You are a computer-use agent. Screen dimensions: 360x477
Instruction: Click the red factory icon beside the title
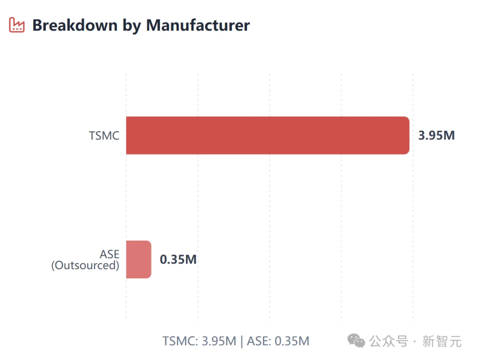click(17, 25)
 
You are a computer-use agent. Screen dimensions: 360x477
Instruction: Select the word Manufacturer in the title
click(198, 25)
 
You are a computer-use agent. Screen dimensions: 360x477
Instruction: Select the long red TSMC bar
click(267, 135)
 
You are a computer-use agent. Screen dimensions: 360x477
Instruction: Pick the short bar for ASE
click(138, 259)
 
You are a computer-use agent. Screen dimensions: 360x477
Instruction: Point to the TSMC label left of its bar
click(104, 135)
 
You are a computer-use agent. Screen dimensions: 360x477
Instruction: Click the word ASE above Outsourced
click(110, 254)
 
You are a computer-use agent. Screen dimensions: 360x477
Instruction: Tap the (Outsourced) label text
click(85, 265)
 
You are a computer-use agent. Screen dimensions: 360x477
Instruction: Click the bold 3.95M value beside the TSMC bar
click(436, 135)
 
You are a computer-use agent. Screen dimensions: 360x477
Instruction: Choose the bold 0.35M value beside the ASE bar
click(178, 259)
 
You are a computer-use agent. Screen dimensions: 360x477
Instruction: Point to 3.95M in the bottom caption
click(219, 341)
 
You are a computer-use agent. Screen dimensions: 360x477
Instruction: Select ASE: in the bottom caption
click(259, 341)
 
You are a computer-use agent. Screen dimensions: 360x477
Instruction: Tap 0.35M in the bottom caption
click(292, 341)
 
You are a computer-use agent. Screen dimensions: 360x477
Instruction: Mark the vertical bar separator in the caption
click(242, 341)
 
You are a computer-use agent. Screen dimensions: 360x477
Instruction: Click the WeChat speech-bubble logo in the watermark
click(356, 341)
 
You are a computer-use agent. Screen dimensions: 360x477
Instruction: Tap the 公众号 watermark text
click(388, 341)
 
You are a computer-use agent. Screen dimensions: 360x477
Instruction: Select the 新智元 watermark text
click(442, 341)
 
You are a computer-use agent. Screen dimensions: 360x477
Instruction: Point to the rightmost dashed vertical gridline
click(413, 199)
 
